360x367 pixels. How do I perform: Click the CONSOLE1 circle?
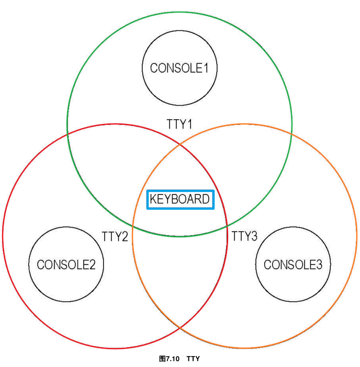tap(179, 68)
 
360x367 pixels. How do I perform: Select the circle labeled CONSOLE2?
tap(66, 265)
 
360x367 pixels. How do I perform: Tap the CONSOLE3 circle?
tap(293, 265)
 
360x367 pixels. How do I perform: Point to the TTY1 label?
tap(179, 124)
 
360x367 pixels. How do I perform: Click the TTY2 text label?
tap(115, 236)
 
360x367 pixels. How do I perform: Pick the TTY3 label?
tap(244, 236)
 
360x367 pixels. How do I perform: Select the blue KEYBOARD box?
tap(179, 199)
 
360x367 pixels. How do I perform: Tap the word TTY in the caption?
tap(193, 359)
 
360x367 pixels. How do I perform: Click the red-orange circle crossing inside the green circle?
tap(179, 143)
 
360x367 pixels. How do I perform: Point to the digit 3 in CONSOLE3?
tap(319, 265)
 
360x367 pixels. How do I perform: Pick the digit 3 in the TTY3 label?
tap(254, 236)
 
